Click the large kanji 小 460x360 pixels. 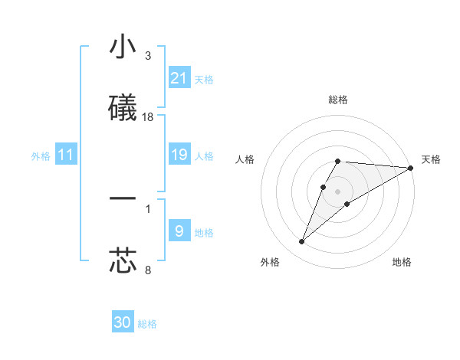tap(123, 47)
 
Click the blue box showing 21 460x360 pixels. tap(179, 78)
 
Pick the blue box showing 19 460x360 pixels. tap(179, 155)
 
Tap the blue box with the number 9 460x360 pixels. tap(179, 231)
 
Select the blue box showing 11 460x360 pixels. tap(66, 155)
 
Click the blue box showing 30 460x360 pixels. tap(123, 323)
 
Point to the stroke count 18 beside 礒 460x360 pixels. tap(148, 117)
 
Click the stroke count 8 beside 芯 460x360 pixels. tap(148, 270)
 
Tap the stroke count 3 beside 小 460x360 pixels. tap(148, 56)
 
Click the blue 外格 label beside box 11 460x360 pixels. tap(41, 156)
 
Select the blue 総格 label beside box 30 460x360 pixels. tap(147, 324)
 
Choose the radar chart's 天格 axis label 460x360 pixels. tap(431, 159)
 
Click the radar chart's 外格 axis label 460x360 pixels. tap(270, 262)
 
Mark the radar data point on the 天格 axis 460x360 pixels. tap(411, 168)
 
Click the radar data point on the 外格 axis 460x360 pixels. tap(302, 242)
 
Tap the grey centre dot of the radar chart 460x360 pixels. tap(337, 191)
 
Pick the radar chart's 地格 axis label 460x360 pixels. tap(402, 262)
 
